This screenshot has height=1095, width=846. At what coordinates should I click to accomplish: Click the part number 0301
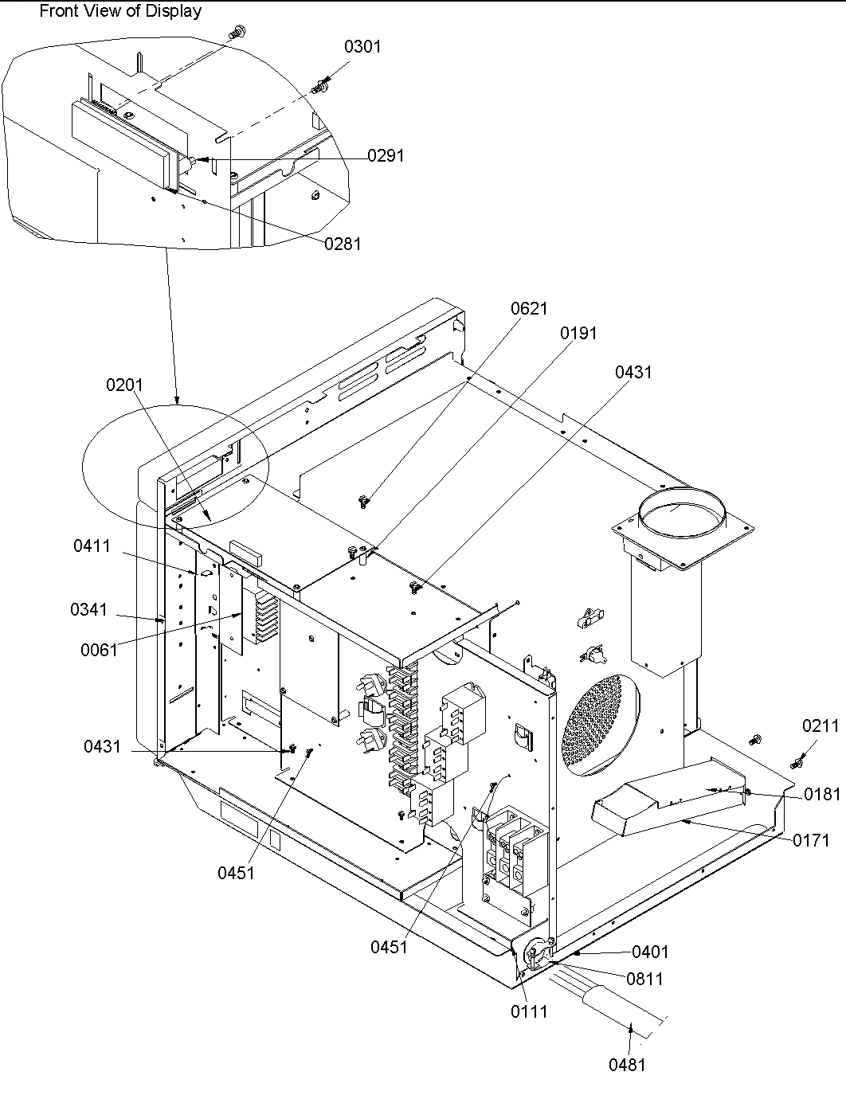(362, 47)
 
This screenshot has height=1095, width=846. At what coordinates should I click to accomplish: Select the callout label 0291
(386, 156)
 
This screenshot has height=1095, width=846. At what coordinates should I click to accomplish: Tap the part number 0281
(343, 244)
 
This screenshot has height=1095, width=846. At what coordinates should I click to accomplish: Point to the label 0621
(530, 308)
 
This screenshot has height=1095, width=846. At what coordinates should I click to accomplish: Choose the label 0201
(124, 385)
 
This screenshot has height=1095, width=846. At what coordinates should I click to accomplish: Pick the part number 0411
(92, 546)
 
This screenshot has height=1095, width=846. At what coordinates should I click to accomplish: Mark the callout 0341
(88, 609)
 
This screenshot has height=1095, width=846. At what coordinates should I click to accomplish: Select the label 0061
(99, 650)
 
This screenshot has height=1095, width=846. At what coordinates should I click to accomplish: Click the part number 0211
(821, 725)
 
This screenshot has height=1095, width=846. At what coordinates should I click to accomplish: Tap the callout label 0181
(822, 794)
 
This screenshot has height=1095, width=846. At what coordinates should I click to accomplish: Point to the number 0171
(811, 840)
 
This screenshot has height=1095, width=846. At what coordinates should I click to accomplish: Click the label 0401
(650, 952)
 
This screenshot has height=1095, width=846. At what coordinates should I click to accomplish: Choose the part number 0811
(644, 979)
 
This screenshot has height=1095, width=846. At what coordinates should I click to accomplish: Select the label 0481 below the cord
(628, 1064)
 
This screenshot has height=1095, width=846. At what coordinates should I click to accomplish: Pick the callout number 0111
(529, 1011)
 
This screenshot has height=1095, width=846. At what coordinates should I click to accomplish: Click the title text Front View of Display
(120, 11)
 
